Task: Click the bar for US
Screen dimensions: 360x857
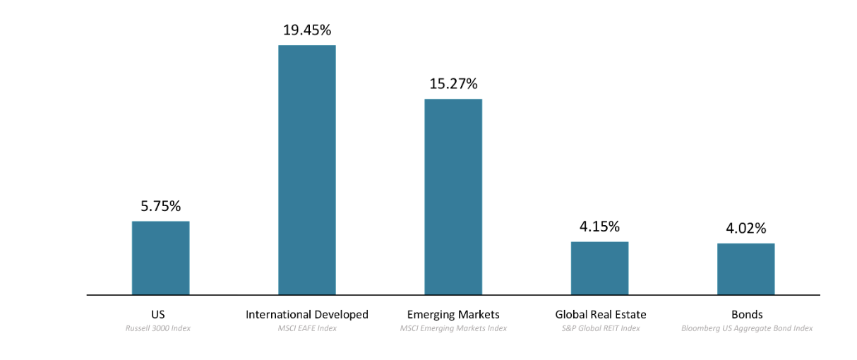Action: (160, 258)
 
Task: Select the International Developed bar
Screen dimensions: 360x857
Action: (306, 169)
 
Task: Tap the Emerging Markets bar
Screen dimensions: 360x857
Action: (453, 196)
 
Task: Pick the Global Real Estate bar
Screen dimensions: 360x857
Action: (599, 268)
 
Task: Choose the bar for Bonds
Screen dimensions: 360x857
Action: (745, 268)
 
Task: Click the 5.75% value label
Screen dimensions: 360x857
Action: (160, 206)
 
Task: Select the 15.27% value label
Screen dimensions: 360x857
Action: (453, 83)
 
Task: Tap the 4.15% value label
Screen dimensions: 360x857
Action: (599, 227)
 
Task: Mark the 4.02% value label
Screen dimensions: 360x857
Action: (745, 228)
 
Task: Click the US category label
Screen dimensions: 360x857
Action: (157, 314)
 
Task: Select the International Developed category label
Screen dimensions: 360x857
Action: (306, 314)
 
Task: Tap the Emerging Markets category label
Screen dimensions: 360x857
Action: (453, 314)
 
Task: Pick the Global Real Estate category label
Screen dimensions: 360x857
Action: (600, 314)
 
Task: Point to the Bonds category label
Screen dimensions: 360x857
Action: (747, 314)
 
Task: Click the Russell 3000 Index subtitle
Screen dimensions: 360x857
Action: (158, 328)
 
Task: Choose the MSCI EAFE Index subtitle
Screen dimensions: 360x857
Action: (306, 328)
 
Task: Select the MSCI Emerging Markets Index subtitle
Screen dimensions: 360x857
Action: (453, 328)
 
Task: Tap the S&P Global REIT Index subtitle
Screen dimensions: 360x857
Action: (600, 328)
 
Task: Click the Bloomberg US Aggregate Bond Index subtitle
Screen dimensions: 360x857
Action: (747, 328)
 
